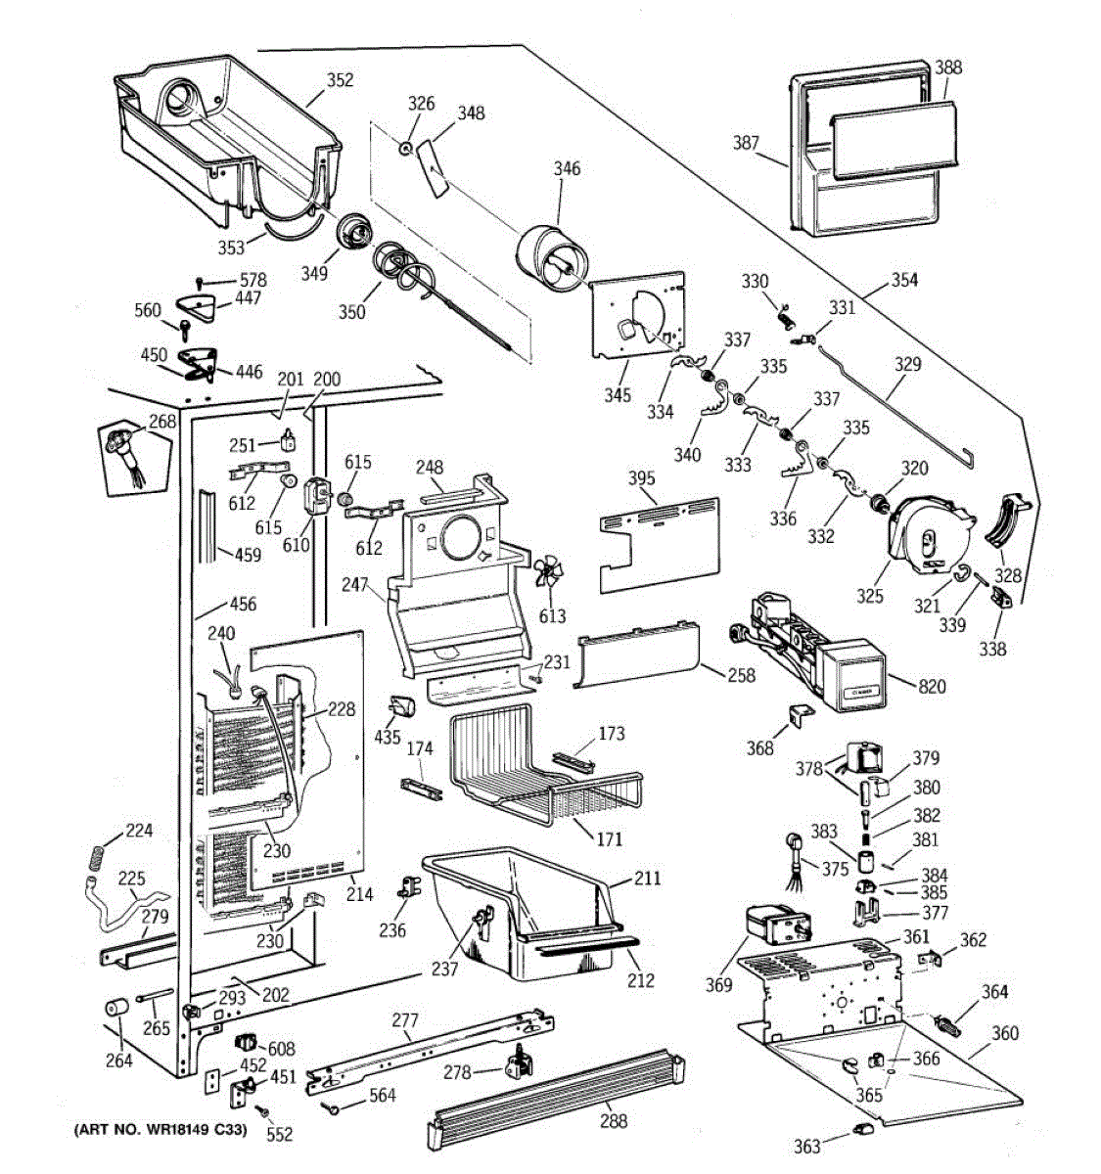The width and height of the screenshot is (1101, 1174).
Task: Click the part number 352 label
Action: point(341,80)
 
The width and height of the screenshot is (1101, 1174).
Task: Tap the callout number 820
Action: point(932,687)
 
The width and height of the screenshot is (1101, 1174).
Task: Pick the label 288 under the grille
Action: point(614,1120)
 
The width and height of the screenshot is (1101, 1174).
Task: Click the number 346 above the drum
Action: point(567,168)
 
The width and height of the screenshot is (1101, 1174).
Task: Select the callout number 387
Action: point(746,143)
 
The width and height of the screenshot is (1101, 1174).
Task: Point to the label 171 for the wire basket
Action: point(610,838)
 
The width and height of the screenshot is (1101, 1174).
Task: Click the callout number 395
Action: point(642,477)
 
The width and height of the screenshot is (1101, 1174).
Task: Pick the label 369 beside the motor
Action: point(718,984)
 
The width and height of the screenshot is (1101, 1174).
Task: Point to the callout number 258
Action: point(742,675)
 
